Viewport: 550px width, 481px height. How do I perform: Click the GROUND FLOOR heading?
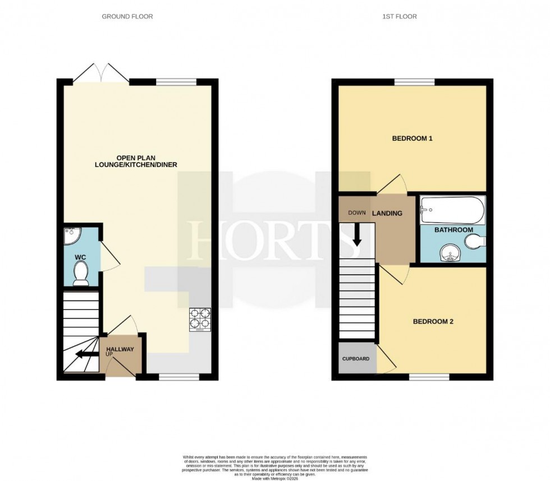coord(127,17)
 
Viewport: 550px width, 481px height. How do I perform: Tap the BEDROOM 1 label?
coord(412,138)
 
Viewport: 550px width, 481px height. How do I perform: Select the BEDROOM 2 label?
coord(433,322)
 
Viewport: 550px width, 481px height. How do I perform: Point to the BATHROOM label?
coord(453,230)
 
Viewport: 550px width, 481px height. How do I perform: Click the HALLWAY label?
coord(120,350)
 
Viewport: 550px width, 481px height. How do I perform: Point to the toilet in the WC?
coord(81,274)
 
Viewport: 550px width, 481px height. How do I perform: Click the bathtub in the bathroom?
coord(452,210)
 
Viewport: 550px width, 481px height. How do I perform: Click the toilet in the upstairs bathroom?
coord(475,242)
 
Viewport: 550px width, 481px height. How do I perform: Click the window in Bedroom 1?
coord(414,82)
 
